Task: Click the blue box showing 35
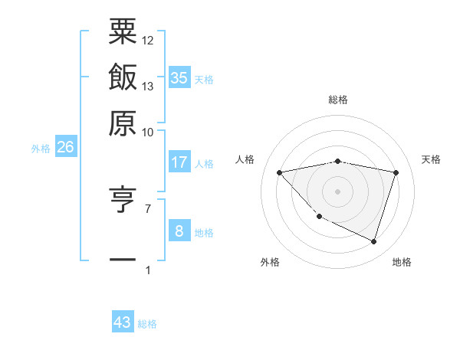179,77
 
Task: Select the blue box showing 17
179,162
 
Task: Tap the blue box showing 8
179,231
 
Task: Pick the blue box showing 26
65,148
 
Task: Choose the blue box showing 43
123,322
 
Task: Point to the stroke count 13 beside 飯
148,86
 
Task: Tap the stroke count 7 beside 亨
147,208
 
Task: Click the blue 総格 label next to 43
147,325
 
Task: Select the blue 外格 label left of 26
41,149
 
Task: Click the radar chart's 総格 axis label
338,100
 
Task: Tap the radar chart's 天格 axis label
432,159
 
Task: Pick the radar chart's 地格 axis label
402,262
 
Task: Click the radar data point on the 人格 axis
280,172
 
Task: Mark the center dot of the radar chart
338,191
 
